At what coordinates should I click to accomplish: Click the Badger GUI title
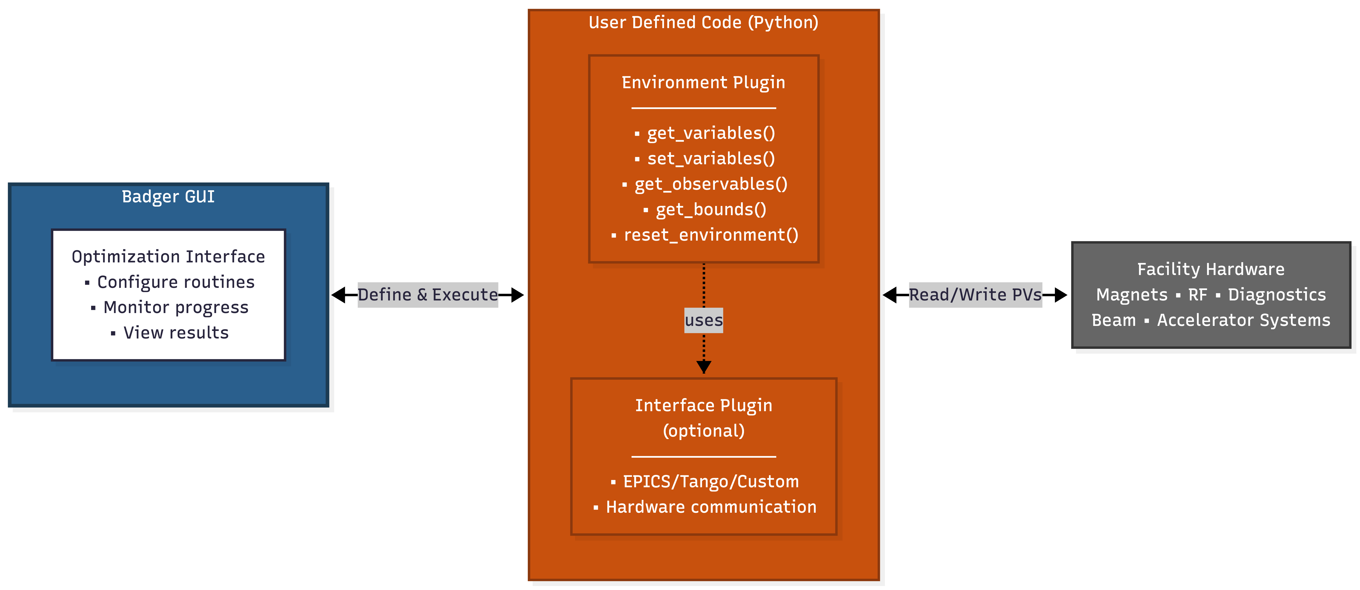tap(168, 197)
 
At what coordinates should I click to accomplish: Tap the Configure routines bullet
tap(175, 282)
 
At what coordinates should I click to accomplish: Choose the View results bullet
tap(175, 333)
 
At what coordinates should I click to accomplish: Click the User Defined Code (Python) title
tap(703, 23)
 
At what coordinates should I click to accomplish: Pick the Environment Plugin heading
tap(703, 83)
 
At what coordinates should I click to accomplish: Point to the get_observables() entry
tap(711, 184)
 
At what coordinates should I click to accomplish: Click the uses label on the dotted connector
tap(703, 320)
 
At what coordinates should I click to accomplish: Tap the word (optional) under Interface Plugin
tap(703, 431)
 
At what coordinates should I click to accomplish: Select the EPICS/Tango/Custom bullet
tap(711, 482)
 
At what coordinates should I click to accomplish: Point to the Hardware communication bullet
tap(711, 507)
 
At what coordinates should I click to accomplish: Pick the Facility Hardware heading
tap(1210, 270)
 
